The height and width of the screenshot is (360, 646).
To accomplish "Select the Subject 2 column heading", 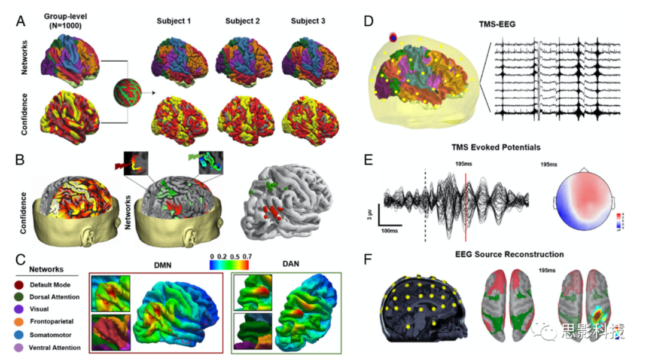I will click(x=242, y=22).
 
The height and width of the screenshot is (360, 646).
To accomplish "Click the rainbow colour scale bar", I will click(x=230, y=265).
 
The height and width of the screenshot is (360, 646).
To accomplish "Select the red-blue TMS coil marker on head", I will click(x=393, y=38).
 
